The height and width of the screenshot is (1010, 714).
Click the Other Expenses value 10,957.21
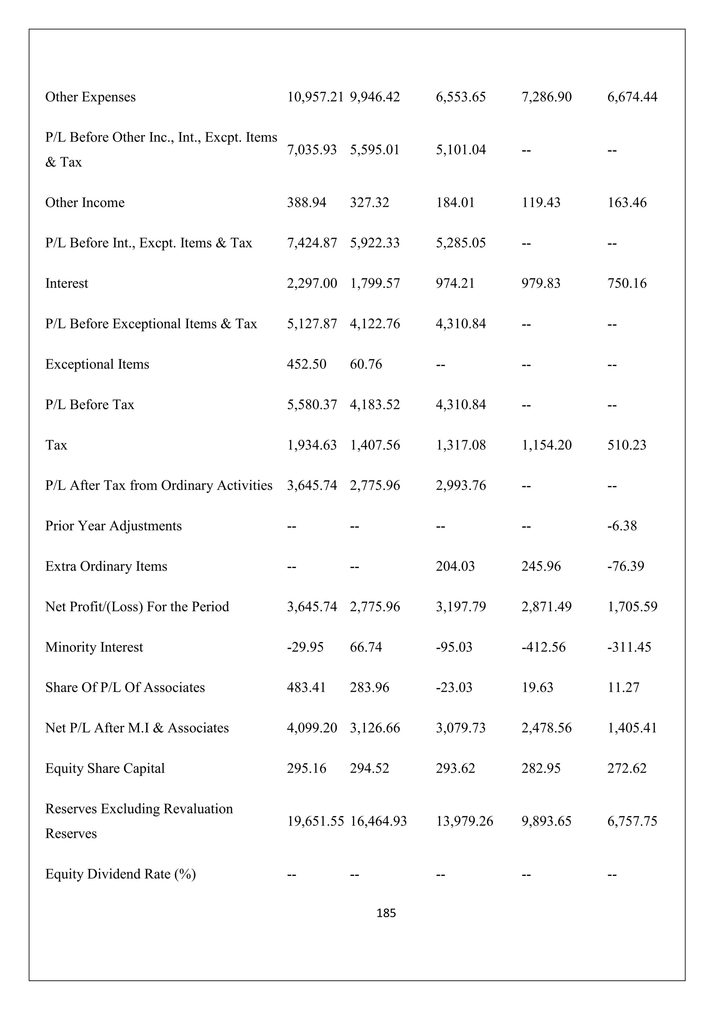315,97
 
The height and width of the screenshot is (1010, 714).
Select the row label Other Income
85,202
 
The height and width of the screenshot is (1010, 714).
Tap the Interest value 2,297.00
312,283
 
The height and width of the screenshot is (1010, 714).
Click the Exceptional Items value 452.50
307,364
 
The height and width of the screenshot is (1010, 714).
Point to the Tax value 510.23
627,445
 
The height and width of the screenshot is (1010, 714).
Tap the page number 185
386,913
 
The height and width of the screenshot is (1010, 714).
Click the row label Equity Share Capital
105,768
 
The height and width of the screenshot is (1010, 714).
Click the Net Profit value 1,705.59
632,607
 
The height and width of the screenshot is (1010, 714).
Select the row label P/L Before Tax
90,404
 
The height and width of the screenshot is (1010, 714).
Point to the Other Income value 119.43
541,202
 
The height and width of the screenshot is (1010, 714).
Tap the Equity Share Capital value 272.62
627,768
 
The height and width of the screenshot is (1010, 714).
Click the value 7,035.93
312,150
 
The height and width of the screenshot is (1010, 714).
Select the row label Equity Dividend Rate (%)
121,874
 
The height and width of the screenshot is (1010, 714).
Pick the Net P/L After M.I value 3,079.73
461,728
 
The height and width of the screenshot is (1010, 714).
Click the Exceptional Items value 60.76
366,364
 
